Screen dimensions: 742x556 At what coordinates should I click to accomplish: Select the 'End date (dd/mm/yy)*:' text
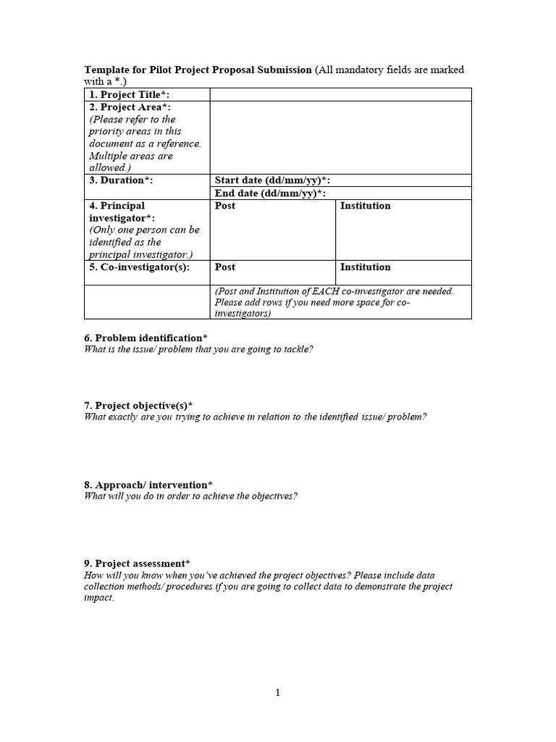(270, 193)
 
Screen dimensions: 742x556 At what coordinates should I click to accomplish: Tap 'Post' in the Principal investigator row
(225, 206)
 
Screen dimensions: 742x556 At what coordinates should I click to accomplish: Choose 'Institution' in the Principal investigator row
(365, 206)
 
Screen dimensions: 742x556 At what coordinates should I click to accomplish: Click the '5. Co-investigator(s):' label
(139, 267)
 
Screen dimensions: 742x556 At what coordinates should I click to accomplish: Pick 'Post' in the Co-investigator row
(225, 267)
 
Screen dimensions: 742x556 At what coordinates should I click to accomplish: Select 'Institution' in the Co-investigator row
(365, 267)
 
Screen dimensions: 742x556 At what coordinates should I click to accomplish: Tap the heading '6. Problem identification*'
(146, 338)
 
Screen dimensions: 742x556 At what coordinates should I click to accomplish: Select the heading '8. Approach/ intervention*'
(148, 485)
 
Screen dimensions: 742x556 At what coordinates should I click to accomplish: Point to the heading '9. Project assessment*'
(138, 564)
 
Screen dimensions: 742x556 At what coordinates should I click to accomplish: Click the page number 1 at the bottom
(277, 693)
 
